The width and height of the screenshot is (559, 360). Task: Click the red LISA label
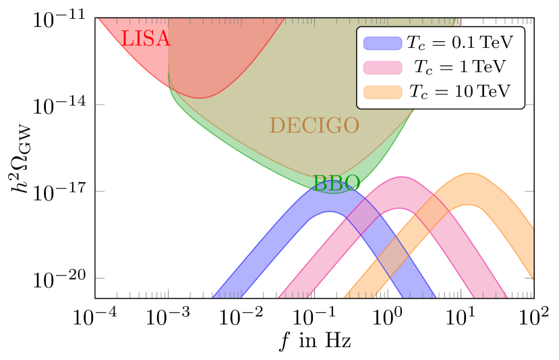pos(146,39)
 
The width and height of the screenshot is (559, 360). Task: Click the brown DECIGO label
pos(314,125)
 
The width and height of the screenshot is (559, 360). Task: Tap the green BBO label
pos(336,183)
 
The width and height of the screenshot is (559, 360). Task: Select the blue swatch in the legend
pos(382,43)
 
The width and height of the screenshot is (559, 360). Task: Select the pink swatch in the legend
pos(382,67)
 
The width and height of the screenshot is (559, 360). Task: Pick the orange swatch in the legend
pos(382,92)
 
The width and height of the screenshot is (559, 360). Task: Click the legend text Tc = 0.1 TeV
pos(459,43)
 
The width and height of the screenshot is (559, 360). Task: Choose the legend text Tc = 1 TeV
pos(459,67)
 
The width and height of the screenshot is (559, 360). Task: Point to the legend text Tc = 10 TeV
pos(459,92)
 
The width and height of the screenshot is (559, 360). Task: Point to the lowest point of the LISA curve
pos(200,98)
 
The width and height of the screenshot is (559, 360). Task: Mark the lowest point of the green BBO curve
pos(335,193)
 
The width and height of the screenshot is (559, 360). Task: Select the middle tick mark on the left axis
pos(100,191)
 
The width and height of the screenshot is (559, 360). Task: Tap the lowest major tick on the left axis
pos(100,278)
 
